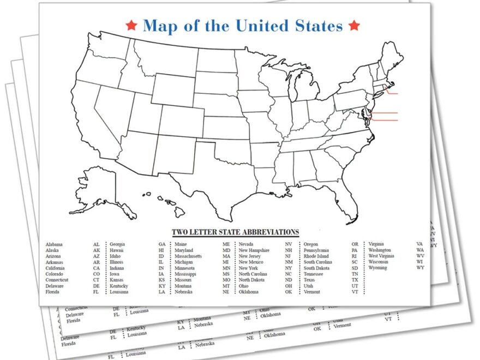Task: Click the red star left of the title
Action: point(130,25)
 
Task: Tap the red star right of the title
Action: point(354,25)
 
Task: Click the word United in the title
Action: point(266,25)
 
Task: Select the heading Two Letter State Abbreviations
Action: point(236,232)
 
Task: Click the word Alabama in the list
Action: point(54,244)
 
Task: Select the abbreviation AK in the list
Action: point(97,250)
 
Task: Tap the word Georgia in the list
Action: point(117,244)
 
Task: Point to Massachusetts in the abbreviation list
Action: point(188,256)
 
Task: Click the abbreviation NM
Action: point(289,262)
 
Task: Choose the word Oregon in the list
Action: point(311,244)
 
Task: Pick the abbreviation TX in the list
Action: point(355,280)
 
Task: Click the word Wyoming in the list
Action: point(377,268)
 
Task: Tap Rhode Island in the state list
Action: point(316,256)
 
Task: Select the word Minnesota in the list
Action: point(185,268)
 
